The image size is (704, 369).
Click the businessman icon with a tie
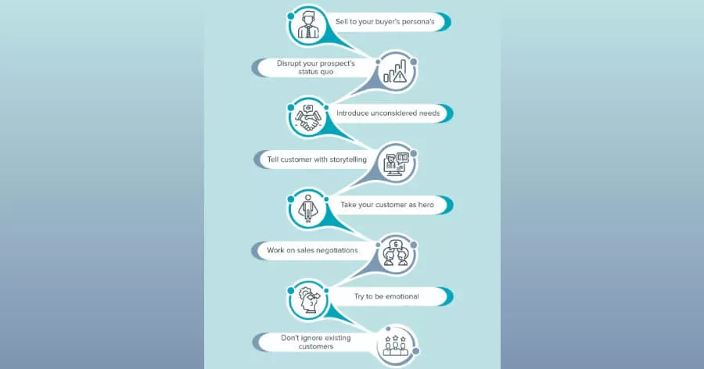tap(308, 26)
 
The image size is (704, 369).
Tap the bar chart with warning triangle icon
tap(395, 72)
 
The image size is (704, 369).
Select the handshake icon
tap(308, 118)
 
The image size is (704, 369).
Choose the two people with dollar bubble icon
tap(396, 253)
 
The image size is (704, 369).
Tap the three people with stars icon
tap(396, 346)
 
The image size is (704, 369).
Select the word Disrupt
tap(289, 63)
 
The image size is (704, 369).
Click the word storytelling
tap(348, 159)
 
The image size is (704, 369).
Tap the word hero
tap(426, 205)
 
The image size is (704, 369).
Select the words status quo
tap(316, 72)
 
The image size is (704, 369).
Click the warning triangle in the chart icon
tap(400, 77)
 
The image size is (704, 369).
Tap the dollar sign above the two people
tap(396, 245)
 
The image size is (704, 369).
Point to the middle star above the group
tap(396, 338)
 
